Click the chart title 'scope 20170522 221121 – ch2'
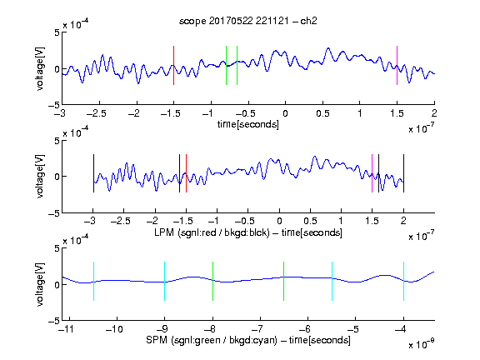[248, 21]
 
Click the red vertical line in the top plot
[174, 65]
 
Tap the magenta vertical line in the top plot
[397, 65]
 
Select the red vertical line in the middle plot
[186, 173]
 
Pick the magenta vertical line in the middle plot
[372, 173]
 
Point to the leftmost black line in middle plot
[93, 173]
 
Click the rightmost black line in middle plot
[404, 173]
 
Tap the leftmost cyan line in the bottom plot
[93, 281]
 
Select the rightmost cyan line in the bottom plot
[404, 281]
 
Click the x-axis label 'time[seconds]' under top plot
[248, 124]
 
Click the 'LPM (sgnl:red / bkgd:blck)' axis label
[212, 232]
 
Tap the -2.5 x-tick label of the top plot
[97, 113]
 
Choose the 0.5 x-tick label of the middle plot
[310, 221]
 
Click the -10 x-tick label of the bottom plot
[114, 329]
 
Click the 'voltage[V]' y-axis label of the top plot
[40, 68]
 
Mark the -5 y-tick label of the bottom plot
[54, 321]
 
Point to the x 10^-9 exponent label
[422, 344]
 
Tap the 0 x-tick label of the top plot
[285, 113]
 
